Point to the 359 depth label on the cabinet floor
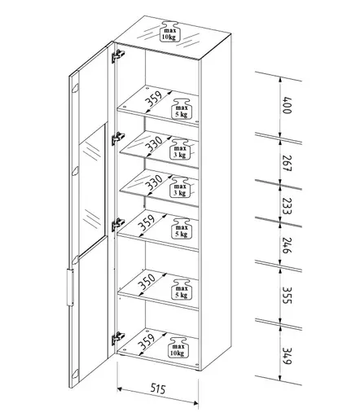(x=146, y=342)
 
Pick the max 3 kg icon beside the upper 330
(x=180, y=149)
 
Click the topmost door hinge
(x=119, y=55)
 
